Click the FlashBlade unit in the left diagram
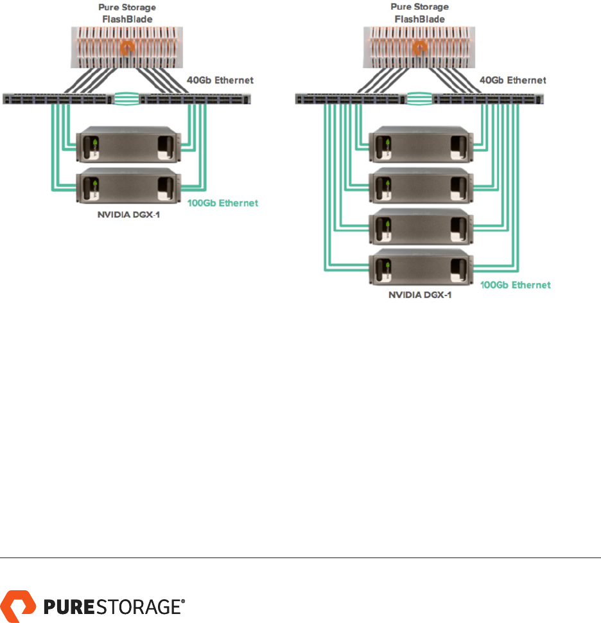[126, 46]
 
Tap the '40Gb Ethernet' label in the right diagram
[514, 80]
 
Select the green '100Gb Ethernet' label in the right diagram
[516, 285]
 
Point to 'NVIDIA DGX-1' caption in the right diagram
[421, 297]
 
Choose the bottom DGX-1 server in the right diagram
[421, 267]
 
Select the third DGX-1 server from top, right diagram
[421, 226]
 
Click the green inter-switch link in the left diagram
[126, 99]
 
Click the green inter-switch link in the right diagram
[421, 99]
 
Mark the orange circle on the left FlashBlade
[126, 46]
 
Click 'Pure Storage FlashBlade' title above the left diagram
[126, 13]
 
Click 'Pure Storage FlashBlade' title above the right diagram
[421, 13]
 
